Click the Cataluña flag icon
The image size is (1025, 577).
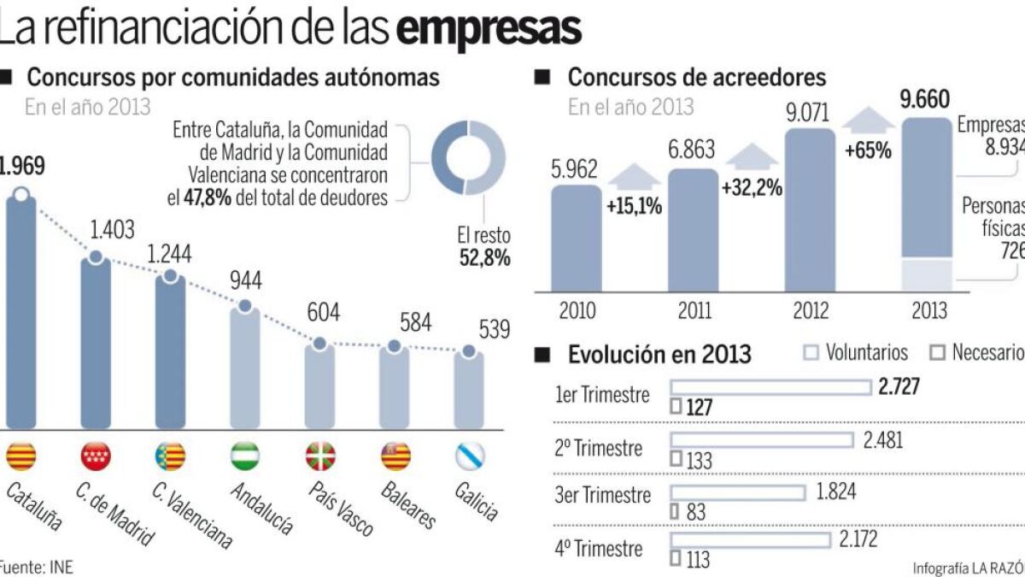20,457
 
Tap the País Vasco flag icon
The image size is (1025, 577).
320,457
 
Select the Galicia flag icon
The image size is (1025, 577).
469,457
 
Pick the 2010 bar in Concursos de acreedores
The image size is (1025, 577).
576,239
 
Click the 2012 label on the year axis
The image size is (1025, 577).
811,309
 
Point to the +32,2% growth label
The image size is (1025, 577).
752,188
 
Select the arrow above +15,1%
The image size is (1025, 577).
634,175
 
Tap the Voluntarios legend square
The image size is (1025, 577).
811,352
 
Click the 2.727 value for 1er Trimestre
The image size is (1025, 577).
899,387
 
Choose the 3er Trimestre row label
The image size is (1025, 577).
603,496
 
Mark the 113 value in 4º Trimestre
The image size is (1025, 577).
698,562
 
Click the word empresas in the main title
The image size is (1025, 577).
489,28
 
